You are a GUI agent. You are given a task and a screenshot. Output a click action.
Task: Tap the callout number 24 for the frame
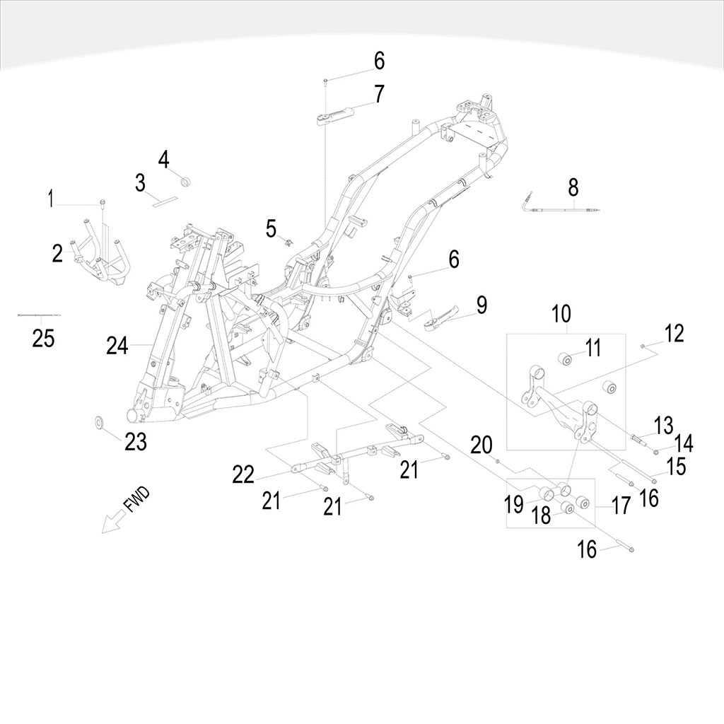point(117,346)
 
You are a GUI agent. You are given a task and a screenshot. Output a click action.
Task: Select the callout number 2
point(57,253)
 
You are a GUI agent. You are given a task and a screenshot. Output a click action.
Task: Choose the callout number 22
point(243,475)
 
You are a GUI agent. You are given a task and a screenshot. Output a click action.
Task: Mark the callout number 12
point(675,333)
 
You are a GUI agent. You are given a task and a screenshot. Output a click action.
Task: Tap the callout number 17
point(620,506)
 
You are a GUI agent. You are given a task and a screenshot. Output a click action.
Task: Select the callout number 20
point(481,445)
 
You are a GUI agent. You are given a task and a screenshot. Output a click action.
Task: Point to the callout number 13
point(664,426)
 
